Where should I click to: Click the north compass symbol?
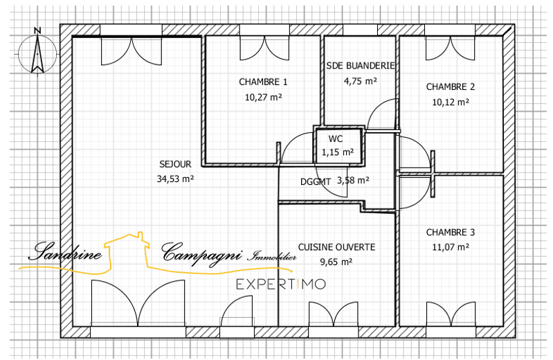[x=37, y=53]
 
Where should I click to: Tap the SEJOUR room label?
[x=175, y=164]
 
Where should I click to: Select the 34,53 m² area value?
[x=175, y=179]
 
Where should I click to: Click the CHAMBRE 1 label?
[x=263, y=82]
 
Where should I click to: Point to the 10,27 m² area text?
[x=264, y=97]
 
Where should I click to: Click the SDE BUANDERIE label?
[x=360, y=66]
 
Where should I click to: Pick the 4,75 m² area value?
[x=360, y=81]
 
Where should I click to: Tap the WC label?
[x=336, y=138]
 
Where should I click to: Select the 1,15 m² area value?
[x=338, y=152]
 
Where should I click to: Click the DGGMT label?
[x=316, y=182]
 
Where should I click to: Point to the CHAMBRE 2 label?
[x=451, y=87]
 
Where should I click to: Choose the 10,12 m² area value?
[x=451, y=102]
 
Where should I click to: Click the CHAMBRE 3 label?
[x=451, y=232]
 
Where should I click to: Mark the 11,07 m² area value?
[x=451, y=247]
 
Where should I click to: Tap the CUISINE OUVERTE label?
[x=336, y=247]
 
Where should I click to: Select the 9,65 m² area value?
[x=336, y=262]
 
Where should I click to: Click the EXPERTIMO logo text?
[x=281, y=284]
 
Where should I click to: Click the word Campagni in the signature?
[x=202, y=253]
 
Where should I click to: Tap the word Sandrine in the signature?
[x=65, y=251]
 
